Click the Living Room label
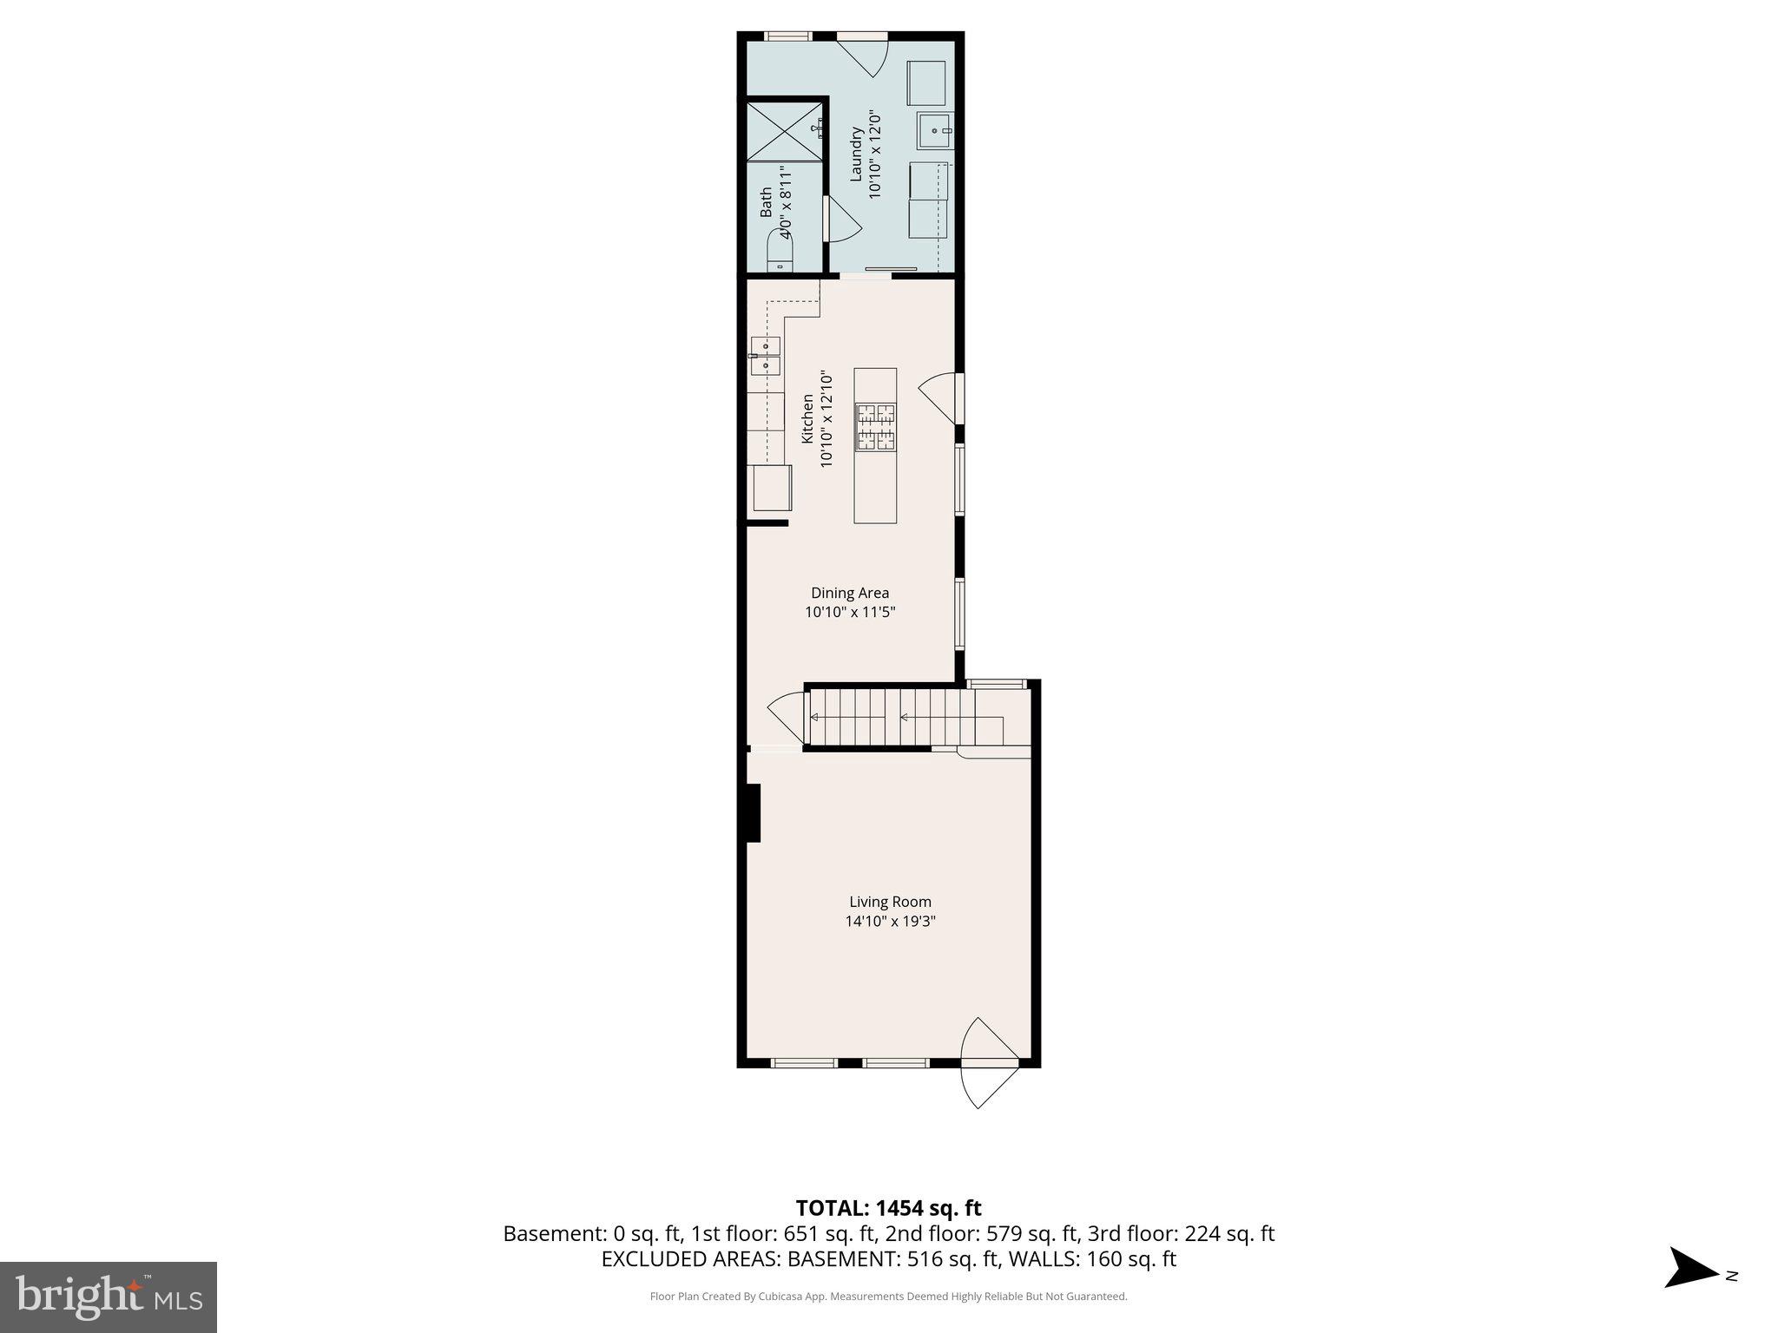(890, 902)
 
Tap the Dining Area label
(849, 593)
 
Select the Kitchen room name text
(807, 418)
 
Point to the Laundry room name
(855, 154)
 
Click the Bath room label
(766, 202)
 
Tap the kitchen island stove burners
(875, 427)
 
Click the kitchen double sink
(765, 356)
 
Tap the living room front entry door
(990, 1063)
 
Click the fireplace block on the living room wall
(751, 813)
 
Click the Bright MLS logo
(108, 1297)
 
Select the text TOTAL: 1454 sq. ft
(888, 1207)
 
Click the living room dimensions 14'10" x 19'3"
(890, 921)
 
